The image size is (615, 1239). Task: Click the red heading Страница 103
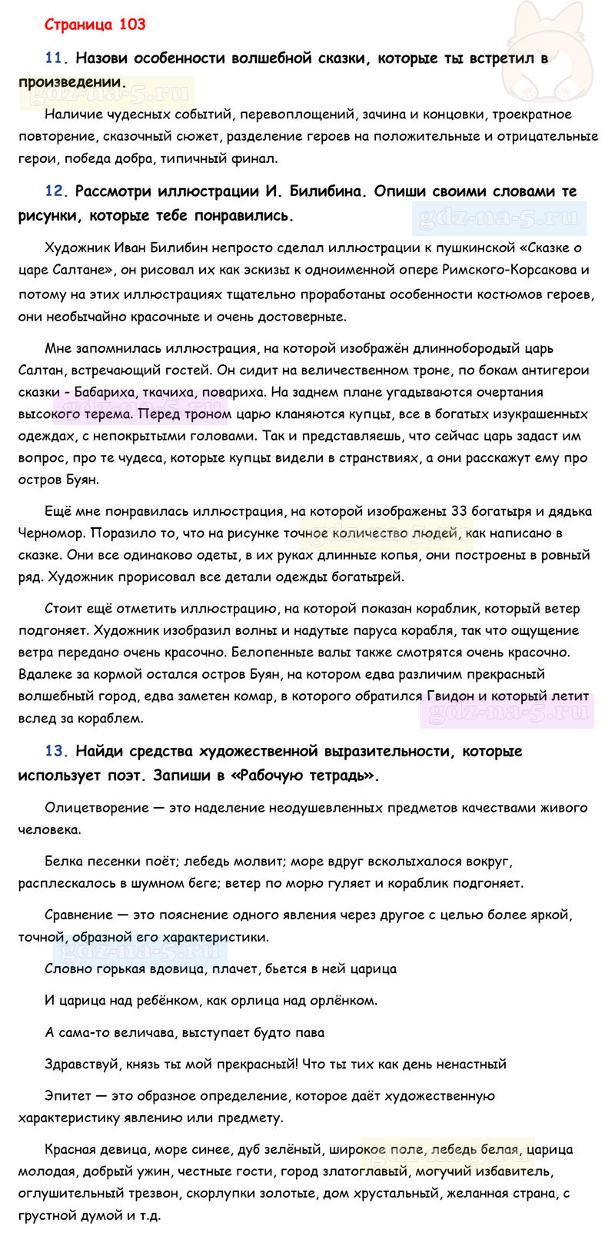tap(95, 25)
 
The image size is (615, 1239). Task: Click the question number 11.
tap(57, 58)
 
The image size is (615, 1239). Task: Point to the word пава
tap(309, 1032)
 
